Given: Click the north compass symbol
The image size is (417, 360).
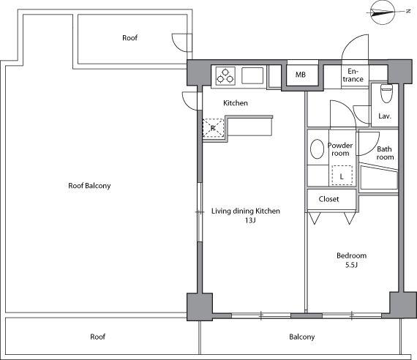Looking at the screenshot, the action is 383,12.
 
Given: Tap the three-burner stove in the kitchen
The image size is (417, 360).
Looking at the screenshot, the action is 225,75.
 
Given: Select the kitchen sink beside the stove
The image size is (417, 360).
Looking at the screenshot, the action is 252,75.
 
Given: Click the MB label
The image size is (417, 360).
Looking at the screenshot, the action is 301,75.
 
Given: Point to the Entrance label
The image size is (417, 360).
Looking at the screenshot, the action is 353,75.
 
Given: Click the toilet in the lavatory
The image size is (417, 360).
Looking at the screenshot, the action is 386,93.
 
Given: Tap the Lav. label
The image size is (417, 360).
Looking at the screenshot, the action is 385,116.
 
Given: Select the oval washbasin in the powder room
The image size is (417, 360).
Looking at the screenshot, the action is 317,149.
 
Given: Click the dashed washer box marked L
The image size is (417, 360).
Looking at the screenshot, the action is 342,176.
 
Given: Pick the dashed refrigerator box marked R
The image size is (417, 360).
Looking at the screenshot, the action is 213,128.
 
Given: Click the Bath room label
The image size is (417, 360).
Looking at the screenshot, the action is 385,153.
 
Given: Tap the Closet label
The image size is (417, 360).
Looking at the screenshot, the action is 328,199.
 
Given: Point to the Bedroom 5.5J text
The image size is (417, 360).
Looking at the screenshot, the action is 352,260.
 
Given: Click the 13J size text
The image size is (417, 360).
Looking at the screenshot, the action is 250,220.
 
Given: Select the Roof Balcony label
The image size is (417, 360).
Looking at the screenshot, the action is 89,185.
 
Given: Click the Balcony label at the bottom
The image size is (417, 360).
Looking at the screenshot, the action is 302,337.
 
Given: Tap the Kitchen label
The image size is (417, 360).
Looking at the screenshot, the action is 236,103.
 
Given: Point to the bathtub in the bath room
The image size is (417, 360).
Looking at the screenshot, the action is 379,177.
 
